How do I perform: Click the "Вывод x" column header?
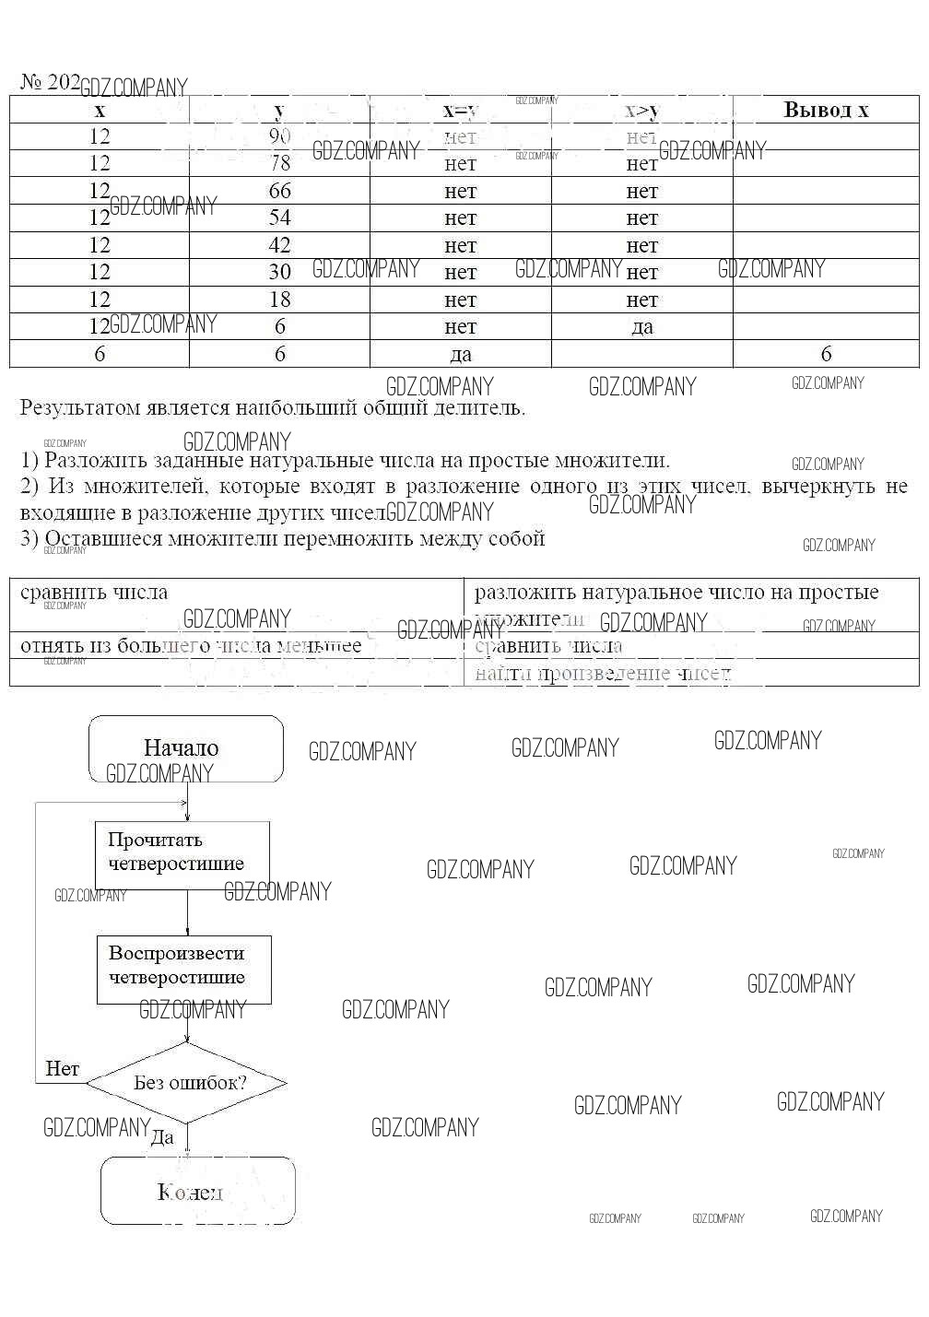click(x=826, y=110)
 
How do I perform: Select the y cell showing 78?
click(x=280, y=164)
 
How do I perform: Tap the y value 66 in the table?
click(x=280, y=191)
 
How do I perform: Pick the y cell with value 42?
click(x=280, y=245)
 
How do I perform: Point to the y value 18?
click(x=280, y=300)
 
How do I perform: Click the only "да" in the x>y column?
click(x=642, y=327)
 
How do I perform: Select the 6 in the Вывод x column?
click(x=826, y=354)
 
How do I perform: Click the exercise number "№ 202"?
click(x=50, y=82)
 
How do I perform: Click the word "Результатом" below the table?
click(x=78, y=408)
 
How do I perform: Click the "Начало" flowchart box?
click(x=185, y=748)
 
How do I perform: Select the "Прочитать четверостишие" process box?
click(x=182, y=853)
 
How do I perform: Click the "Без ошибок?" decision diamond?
click(x=188, y=1083)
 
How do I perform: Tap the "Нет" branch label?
click(x=62, y=1069)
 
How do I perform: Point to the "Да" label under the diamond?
click(x=162, y=1138)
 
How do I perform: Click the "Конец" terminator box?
click(x=197, y=1192)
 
